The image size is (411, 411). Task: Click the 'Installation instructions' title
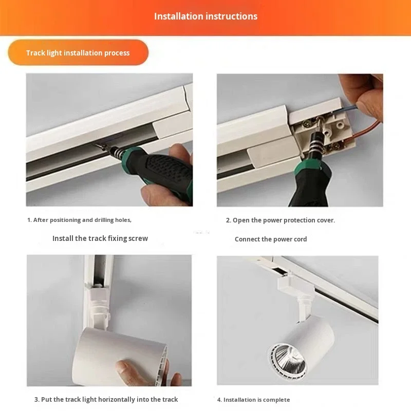pos(206,16)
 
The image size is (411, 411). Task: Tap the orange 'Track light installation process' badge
pos(78,52)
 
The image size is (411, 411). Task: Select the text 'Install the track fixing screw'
pos(100,238)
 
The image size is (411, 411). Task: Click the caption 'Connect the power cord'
pos(271,239)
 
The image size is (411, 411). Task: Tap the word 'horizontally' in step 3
pos(117,400)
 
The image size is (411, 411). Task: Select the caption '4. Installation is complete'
pos(253,400)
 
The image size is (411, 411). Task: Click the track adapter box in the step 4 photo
pos(296,285)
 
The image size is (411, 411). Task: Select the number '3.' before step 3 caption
pos(37,400)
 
